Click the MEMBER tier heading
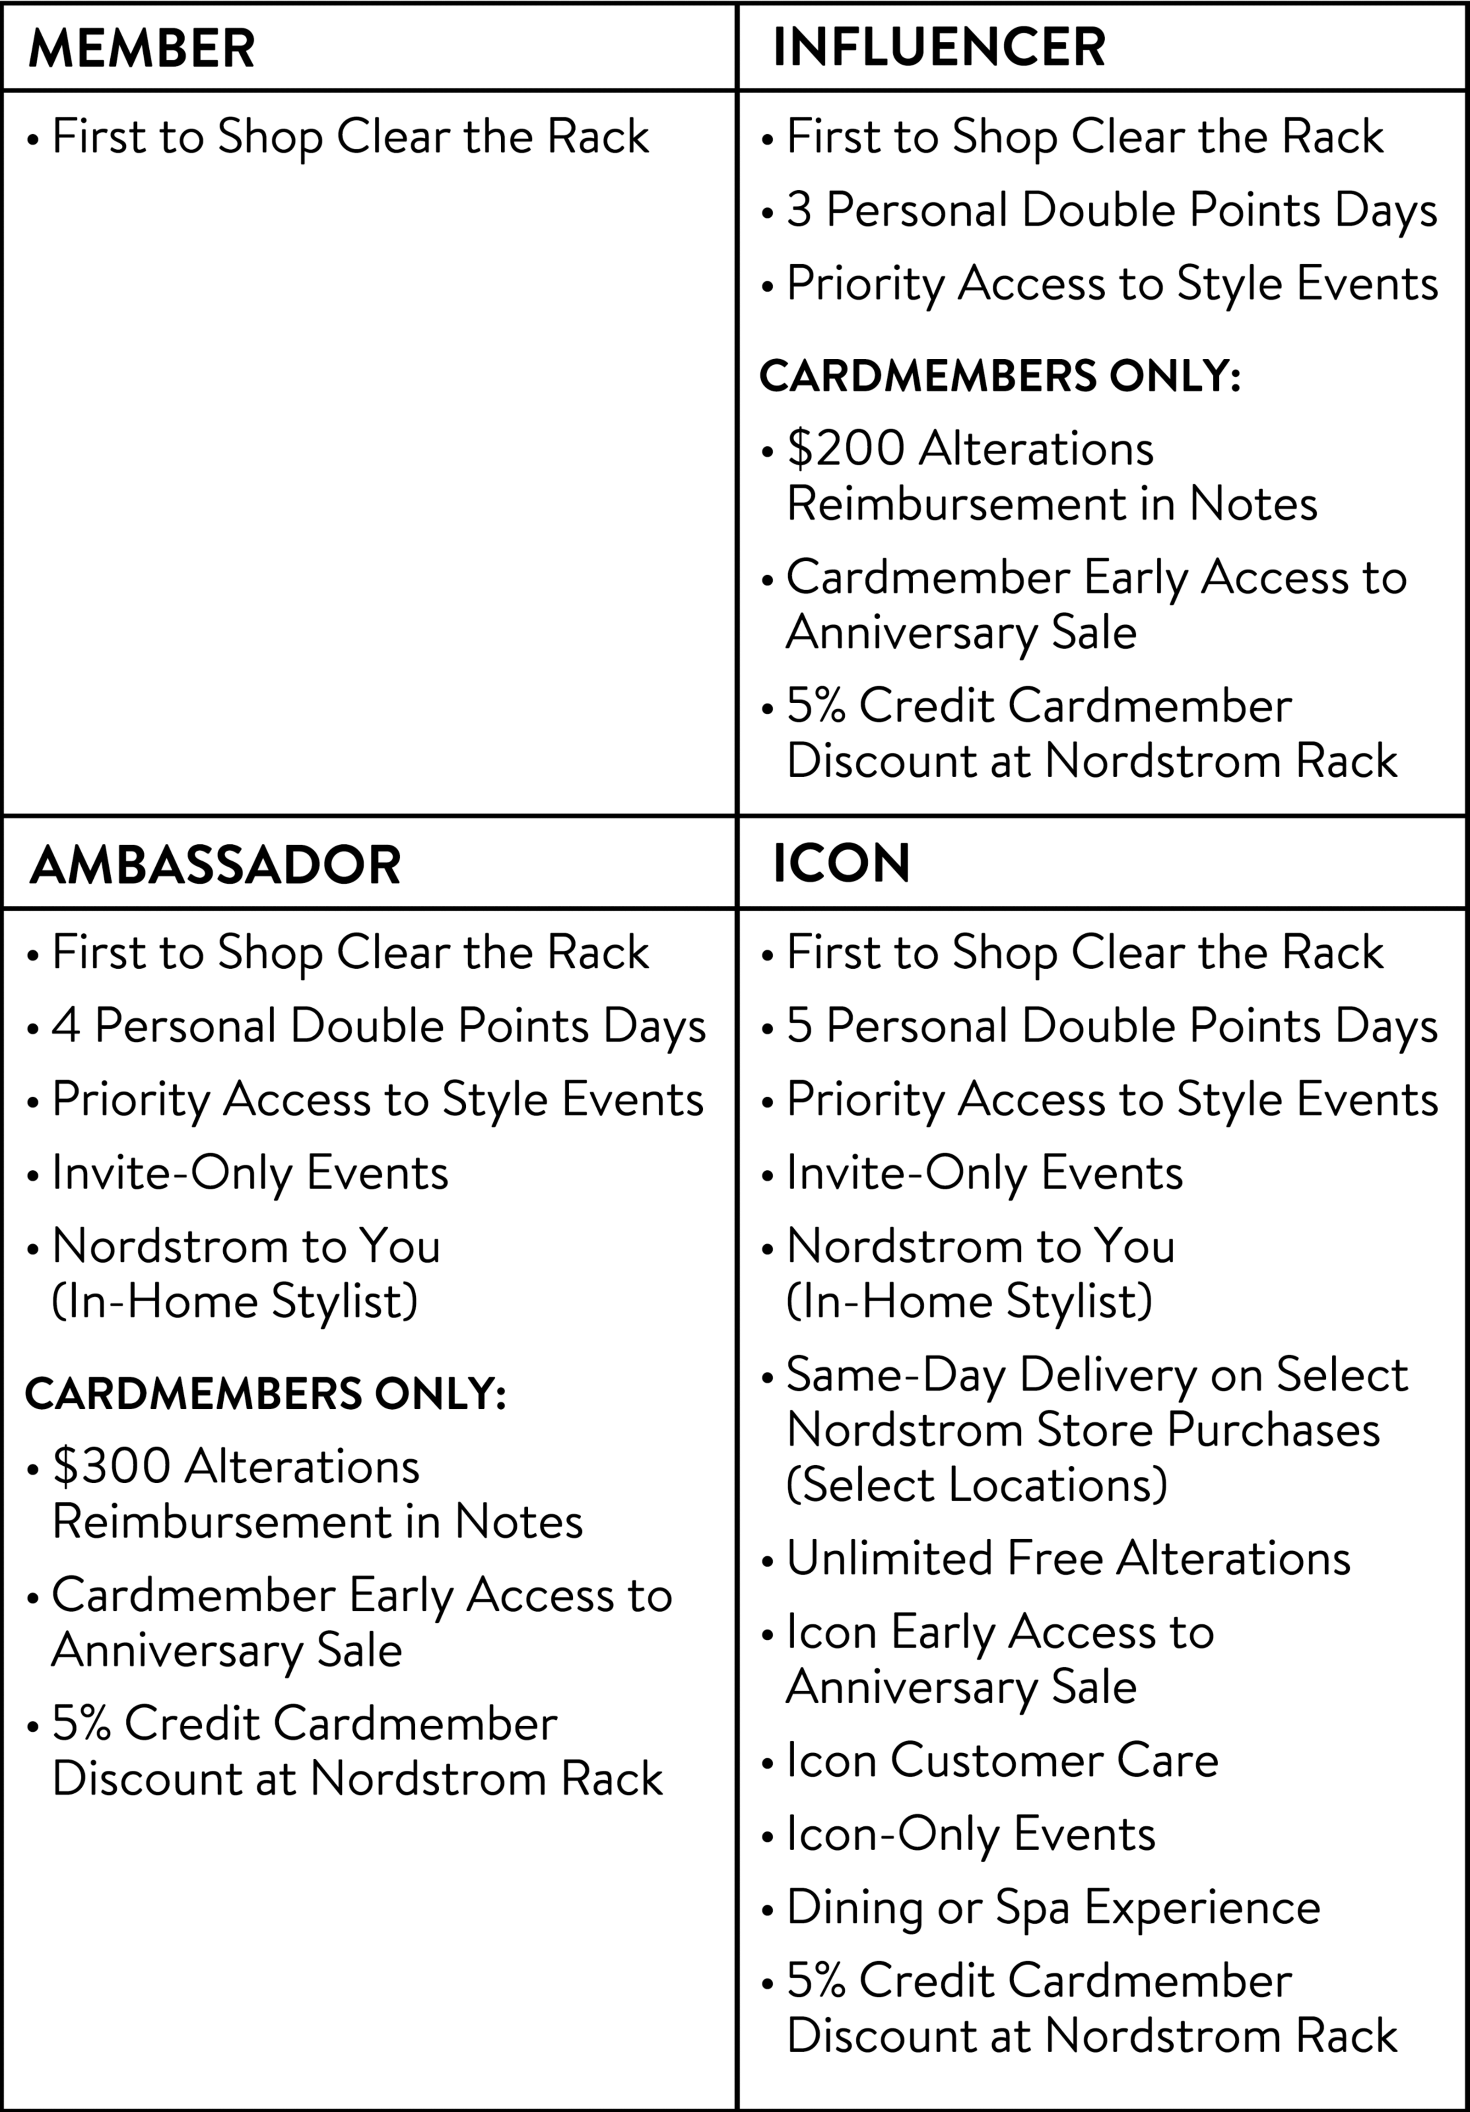point(141,48)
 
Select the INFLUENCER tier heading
point(939,48)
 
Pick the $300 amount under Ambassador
point(111,1466)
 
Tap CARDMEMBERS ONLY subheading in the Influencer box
point(1000,376)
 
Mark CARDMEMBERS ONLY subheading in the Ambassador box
point(266,1394)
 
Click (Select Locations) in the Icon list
point(977,1485)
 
